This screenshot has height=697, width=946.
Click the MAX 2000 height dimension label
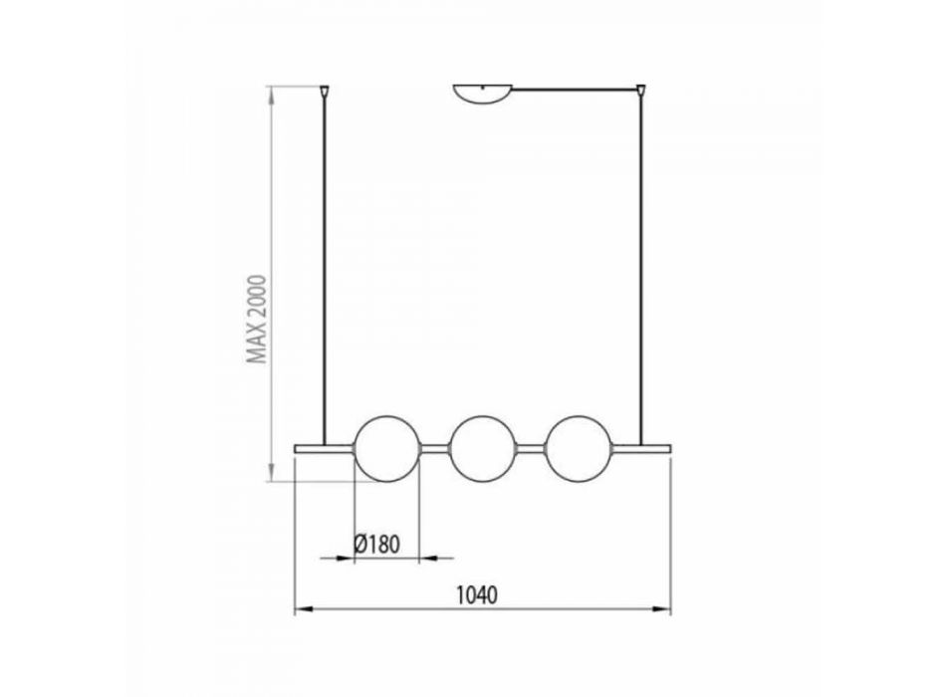(258, 320)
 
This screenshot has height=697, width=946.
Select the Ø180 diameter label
(377, 545)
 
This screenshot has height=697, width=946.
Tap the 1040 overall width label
(477, 595)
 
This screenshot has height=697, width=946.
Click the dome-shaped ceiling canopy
(483, 93)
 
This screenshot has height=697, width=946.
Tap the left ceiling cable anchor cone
(325, 93)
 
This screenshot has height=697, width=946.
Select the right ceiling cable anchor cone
(640, 92)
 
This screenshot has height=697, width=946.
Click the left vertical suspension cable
(325, 272)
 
